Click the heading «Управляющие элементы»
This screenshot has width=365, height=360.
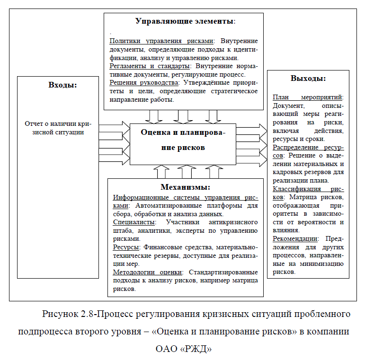[x=185, y=21]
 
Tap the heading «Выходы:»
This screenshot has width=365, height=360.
[x=308, y=79]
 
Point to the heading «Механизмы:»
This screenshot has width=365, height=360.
[x=185, y=187]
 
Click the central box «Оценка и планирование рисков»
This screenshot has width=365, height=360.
[x=183, y=140]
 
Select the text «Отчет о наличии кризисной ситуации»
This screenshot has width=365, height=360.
[x=58, y=128]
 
